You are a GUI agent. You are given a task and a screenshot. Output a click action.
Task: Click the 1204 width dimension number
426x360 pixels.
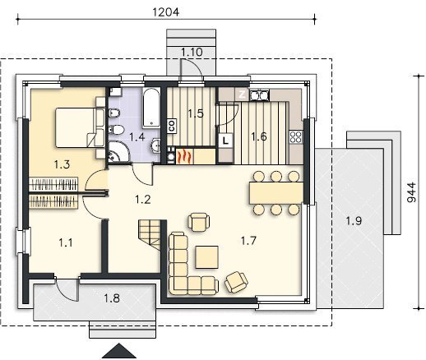coord(166,12)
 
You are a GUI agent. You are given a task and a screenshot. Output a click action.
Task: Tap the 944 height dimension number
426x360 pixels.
coord(411,192)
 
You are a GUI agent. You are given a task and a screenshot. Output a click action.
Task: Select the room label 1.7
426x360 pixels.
coord(248,241)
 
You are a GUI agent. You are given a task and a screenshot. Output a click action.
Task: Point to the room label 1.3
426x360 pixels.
coord(62,164)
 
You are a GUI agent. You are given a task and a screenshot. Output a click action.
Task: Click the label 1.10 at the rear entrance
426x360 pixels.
coord(192,52)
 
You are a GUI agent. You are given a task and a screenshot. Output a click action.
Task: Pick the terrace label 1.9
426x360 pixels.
coord(354,220)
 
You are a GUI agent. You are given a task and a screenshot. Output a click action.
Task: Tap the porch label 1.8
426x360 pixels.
coord(112,298)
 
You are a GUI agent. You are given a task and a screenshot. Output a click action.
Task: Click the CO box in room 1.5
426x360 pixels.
coord(172,126)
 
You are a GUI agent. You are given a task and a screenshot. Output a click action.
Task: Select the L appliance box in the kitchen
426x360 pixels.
coord(225,141)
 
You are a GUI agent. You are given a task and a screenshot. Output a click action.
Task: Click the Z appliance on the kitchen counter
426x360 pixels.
coord(242,95)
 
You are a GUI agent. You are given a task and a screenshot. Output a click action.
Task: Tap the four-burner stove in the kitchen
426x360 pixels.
coord(296,137)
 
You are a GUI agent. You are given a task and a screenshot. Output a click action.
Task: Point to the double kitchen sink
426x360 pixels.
coord(259,95)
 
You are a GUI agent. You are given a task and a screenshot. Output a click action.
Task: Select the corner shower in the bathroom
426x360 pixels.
coord(118,151)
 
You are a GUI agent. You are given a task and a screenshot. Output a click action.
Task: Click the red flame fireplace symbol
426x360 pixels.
coord(184,156)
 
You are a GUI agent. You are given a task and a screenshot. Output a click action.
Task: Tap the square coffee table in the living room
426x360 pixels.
coord(207,257)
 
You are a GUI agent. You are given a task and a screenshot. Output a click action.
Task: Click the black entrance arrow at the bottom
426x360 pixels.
coord(119,351)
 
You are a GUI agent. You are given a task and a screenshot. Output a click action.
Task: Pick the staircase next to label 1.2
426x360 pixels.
coord(150,234)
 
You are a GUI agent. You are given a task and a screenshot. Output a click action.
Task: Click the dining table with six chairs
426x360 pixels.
coord(276,193)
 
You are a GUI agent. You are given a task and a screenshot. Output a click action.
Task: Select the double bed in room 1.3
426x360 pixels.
coord(80,127)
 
